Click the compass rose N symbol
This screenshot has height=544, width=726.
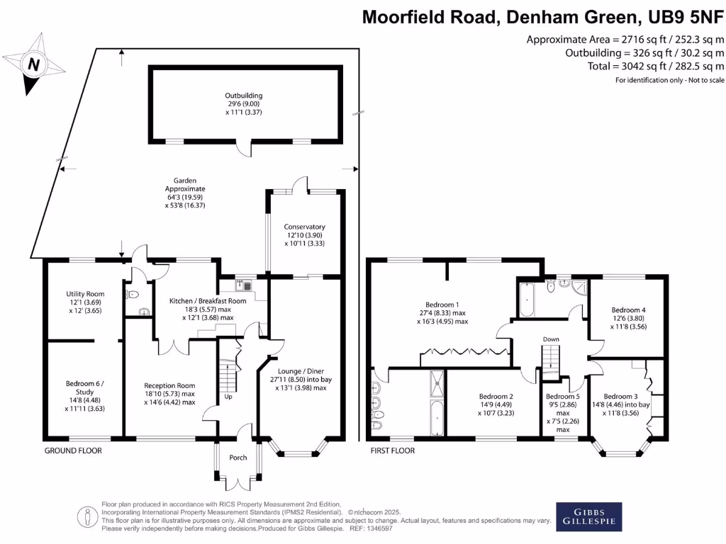point(33,64)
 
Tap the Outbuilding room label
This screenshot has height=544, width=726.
point(244,96)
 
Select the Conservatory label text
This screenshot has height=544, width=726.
point(304,227)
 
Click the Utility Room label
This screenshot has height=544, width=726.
point(85,294)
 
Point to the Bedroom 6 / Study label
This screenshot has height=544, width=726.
point(85,387)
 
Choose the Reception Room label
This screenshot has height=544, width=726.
point(169,385)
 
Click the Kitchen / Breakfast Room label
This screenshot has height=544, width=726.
point(208,300)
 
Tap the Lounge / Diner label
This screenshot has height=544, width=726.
point(301,371)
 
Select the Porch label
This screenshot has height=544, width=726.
point(238,458)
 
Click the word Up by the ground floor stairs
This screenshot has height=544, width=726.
point(228,397)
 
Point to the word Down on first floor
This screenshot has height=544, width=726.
point(551,339)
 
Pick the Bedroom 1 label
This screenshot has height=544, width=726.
point(442,305)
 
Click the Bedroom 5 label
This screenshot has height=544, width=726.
point(562,397)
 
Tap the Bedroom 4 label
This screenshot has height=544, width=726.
point(628,310)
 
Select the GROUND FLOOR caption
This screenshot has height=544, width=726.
point(73,450)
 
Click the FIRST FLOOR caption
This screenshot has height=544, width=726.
point(393,450)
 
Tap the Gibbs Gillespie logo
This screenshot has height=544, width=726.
point(588,516)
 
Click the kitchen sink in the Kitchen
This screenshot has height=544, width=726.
point(243,285)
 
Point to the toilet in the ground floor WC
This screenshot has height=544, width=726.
point(132,294)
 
